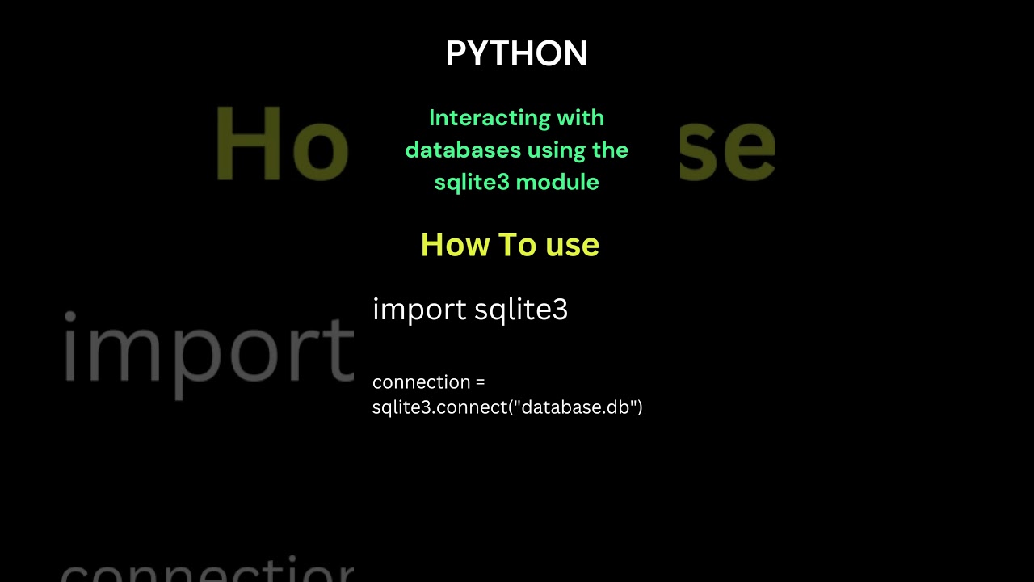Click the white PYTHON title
(x=516, y=54)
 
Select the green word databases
(x=463, y=150)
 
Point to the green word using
(x=557, y=150)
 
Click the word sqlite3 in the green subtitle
(x=472, y=183)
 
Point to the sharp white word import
(x=419, y=310)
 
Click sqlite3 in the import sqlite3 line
(x=521, y=310)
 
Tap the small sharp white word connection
(x=421, y=382)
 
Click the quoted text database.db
(x=575, y=407)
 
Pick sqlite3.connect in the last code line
(x=439, y=407)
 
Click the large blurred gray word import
(x=208, y=351)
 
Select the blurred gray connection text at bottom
(x=208, y=571)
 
